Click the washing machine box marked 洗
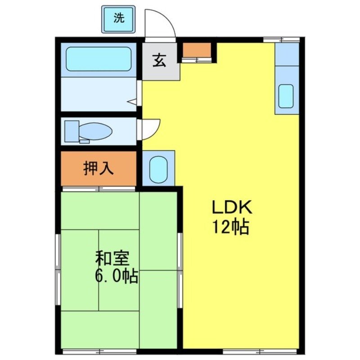(118, 19)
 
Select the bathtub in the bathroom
(99, 58)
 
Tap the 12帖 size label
(231, 227)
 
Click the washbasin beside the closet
(158, 168)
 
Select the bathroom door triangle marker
(132, 102)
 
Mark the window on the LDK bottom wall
(243, 350)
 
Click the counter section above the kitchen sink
(287, 54)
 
